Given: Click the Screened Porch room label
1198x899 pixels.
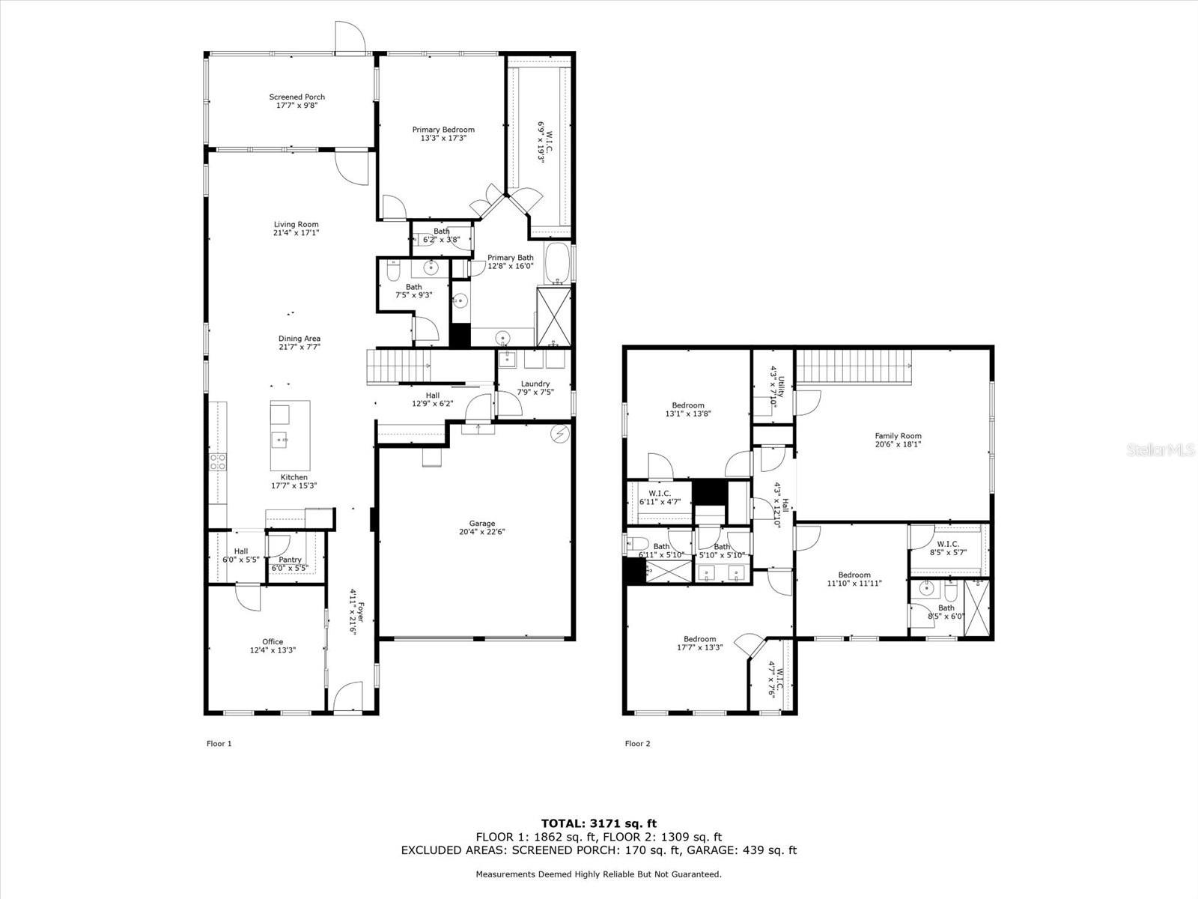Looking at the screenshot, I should pos(297,97).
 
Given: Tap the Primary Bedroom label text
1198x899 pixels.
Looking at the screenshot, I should pos(443,130).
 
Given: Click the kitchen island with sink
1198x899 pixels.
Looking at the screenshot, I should pos(290,435).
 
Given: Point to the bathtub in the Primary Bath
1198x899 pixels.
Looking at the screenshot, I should pos(557,262).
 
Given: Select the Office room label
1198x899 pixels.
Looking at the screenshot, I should pos(273,641).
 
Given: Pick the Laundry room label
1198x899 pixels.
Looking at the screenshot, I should pos(535,384).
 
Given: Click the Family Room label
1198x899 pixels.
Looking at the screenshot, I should pos(898,435).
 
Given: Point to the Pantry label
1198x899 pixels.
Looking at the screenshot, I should pos(290,560).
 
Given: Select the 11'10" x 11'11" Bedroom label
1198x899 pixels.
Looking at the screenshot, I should pos(854,575).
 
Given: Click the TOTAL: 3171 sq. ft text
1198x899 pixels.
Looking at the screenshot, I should pos(599,823).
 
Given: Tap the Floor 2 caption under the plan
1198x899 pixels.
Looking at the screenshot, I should pos(637,744).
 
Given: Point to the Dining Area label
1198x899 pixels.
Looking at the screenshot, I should pos(299,339).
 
